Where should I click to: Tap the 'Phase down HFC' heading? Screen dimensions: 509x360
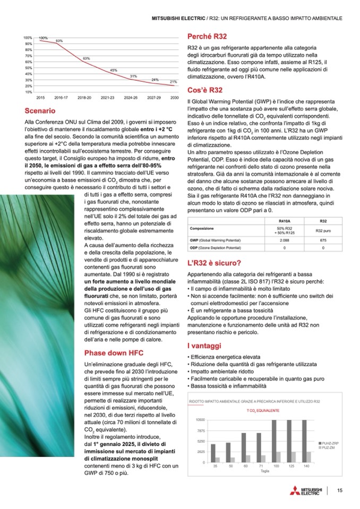(114, 352)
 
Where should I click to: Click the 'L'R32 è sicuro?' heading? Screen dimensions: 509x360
(215, 262)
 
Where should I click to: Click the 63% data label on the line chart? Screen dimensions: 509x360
(86, 58)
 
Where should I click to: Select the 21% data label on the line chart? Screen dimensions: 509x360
(173, 82)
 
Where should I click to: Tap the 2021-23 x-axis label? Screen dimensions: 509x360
(107, 98)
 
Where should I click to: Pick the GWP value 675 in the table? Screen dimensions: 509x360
(323, 240)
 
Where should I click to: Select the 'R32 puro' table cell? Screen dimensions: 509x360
(323, 230)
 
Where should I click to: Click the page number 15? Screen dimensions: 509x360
(339, 490)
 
